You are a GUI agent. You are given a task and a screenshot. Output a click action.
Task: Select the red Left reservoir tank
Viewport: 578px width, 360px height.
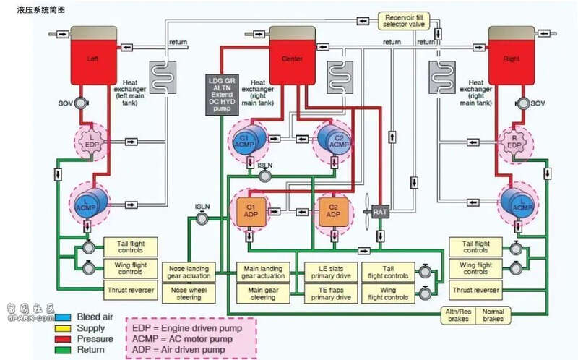pos(92,58)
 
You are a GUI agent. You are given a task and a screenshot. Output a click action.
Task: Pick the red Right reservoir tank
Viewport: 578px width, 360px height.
pos(514,58)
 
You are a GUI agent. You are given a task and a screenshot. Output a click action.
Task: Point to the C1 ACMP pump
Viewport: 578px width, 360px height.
pos(246,142)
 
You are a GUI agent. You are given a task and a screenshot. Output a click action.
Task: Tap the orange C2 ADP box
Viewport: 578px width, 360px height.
pos(333,210)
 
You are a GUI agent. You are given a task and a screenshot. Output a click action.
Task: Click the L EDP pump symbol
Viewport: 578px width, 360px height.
pos(92,142)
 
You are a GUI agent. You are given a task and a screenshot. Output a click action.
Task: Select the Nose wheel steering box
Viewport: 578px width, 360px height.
pos(188,293)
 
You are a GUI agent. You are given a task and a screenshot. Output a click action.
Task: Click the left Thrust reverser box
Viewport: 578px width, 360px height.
pos(130,290)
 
